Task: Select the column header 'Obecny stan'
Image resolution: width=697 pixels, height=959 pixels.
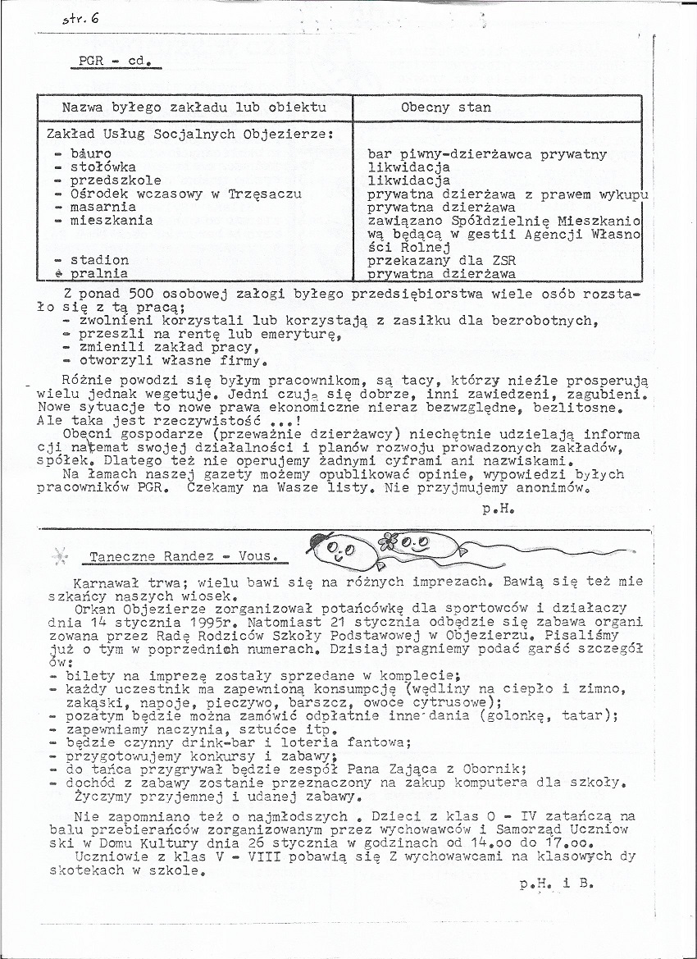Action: pyautogui.click(x=446, y=107)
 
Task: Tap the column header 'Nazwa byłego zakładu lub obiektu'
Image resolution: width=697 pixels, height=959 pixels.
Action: pyautogui.click(x=194, y=107)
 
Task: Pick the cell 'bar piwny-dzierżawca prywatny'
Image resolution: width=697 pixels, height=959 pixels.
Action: pyautogui.click(x=487, y=154)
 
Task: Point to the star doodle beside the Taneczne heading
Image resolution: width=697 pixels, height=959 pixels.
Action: pyautogui.click(x=61, y=556)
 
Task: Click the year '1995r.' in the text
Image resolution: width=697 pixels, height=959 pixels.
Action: pyautogui.click(x=238, y=622)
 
